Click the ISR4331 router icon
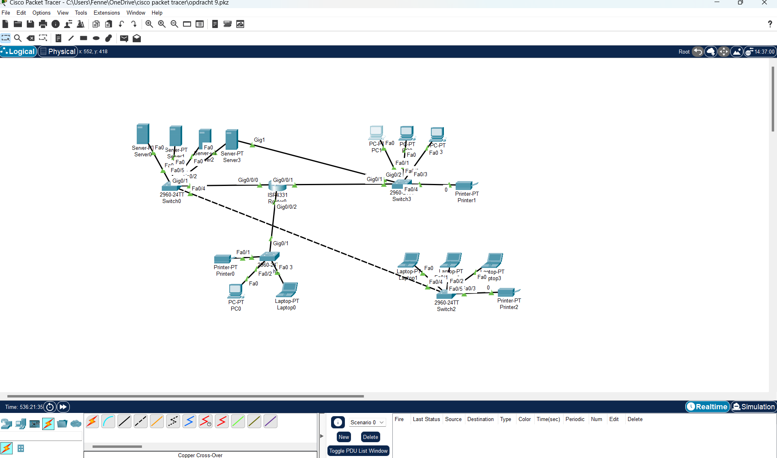click(278, 186)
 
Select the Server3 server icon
click(232, 139)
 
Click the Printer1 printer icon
click(465, 186)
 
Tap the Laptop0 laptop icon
click(288, 290)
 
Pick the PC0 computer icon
click(235, 291)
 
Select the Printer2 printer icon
click(507, 292)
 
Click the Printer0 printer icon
click(223, 259)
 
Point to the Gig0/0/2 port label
click(286, 207)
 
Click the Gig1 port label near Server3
click(259, 140)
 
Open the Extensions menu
click(107, 13)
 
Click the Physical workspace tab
click(58, 52)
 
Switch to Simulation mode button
click(753, 406)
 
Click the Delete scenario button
click(370, 437)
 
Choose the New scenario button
click(344, 437)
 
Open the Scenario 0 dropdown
click(367, 422)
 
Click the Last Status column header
click(426, 419)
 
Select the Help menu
click(157, 13)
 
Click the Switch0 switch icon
click(170, 187)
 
